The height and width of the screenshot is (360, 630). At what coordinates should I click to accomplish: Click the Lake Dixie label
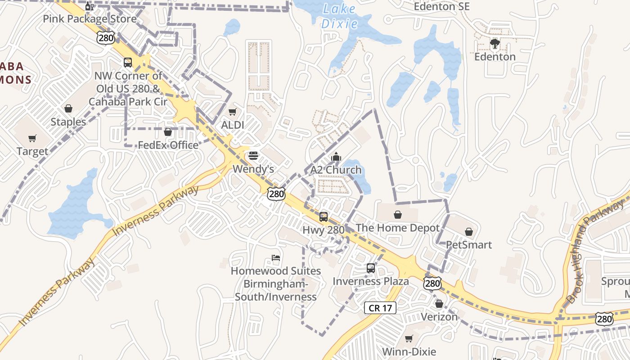click(x=339, y=16)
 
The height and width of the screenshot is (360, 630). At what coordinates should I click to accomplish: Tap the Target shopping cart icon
click(x=32, y=139)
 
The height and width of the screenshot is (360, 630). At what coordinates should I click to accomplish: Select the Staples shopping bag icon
click(x=68, y=108)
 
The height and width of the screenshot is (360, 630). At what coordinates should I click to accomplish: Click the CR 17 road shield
click(x=380, y=308)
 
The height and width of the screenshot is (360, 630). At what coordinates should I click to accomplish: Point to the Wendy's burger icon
click(x=253, y=156)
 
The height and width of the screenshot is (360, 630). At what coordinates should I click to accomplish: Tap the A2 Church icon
click(x=336, y=157)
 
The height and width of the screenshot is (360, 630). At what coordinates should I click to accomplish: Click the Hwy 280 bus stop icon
click(x=323, y=217)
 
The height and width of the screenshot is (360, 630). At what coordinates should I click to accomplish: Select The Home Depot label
click(x=397, y=228)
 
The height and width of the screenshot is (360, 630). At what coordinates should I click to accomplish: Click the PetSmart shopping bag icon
click(x=469, y=232)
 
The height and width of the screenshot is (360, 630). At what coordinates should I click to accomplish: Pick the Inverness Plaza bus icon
click(x=370, y=268)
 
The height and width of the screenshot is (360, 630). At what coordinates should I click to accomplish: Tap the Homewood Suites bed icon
click(x=276, y=258)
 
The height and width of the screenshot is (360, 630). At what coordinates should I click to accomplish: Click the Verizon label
click(x=439, y=317)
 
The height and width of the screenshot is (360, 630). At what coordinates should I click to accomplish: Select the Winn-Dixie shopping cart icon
click(x=409, y=338)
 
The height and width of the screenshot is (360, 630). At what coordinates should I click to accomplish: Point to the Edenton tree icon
click(x=495, y=44)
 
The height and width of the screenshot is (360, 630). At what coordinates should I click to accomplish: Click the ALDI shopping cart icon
click(x=232, y=112)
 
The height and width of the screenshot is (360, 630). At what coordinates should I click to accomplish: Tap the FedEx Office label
click(x=168, y=145)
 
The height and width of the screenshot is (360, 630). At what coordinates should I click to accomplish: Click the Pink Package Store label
click(x=90, y=19)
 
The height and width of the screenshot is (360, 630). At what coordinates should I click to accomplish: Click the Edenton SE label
click(x=441, y=6)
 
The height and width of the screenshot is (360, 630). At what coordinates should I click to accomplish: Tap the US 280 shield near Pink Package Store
click(x=106, y=38)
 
